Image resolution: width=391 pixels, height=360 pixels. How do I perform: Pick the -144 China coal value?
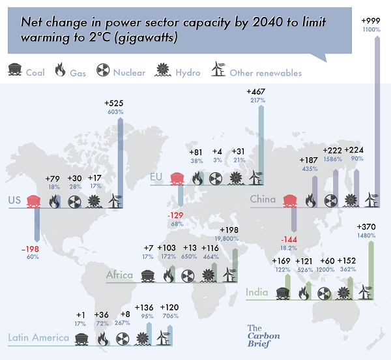(x=286, y=239)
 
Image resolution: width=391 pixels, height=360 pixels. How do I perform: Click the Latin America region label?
(x=38, y=338)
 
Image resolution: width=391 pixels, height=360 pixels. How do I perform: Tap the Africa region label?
(x=120, y=275)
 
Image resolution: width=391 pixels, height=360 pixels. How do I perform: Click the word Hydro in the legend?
(x=188, y=72)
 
